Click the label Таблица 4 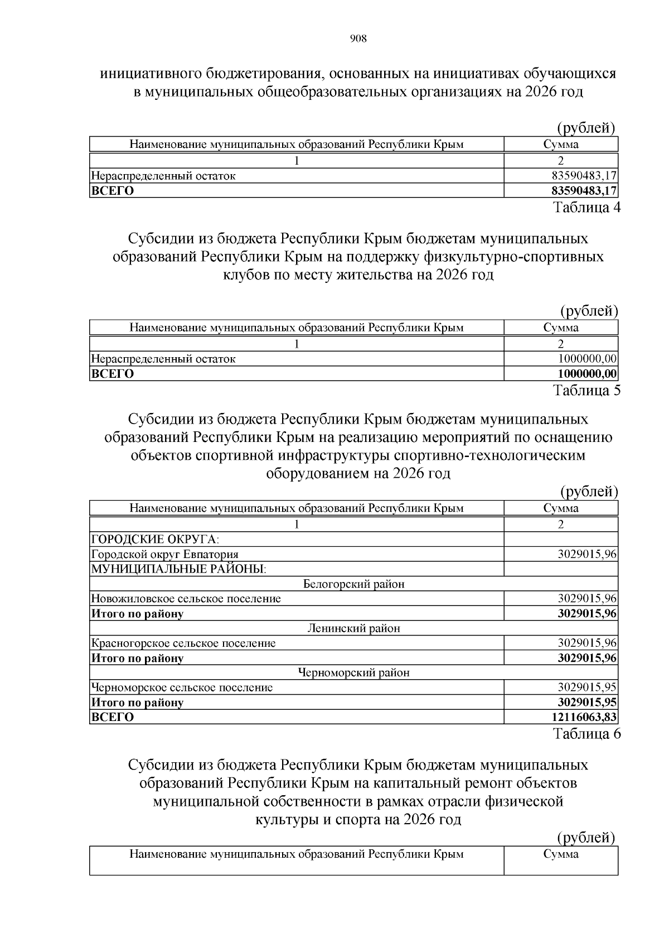click(x=586, y=207)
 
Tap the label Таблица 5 click(x=586, y=390)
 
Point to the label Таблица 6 click(x=586, y=733)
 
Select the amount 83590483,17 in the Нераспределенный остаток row click(x=584, y=176)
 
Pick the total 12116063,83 click(x=584, y=717)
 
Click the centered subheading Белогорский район click(x=353, y=584)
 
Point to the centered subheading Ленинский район click(x=353, y=628)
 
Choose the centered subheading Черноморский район click(x=353, y=672)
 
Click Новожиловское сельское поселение click(x=186, y=599)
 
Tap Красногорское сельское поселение click(x=183, y=643)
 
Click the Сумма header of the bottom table click(x=561, y=854)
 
